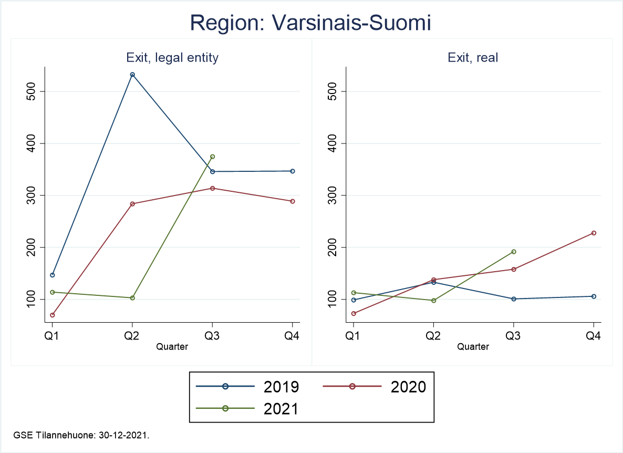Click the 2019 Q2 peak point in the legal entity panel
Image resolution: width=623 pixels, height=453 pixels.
point(132,75)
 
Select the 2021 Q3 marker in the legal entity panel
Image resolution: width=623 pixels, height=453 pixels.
point(212,157)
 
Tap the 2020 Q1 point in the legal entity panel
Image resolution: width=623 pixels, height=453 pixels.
point(53,315)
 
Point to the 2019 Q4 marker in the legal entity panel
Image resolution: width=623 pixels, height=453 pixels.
point(293,171)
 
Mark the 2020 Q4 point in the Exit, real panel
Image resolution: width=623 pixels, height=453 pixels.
point(594,233)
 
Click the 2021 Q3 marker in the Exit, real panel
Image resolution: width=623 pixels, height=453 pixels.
point(514,252)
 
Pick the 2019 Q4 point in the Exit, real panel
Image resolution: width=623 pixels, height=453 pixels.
point(594,296)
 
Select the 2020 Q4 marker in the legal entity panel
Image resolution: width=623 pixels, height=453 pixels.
point(293,201)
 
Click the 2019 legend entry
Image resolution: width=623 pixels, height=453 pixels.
point(247,387)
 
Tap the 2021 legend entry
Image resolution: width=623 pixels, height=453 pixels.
point(247,408)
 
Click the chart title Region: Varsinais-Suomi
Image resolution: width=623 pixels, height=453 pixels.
point(310,23)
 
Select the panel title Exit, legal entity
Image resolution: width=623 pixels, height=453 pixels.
point(172,58)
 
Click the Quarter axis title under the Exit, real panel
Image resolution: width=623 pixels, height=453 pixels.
point(473,346)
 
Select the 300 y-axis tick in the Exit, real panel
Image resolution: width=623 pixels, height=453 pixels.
point(331,195)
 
